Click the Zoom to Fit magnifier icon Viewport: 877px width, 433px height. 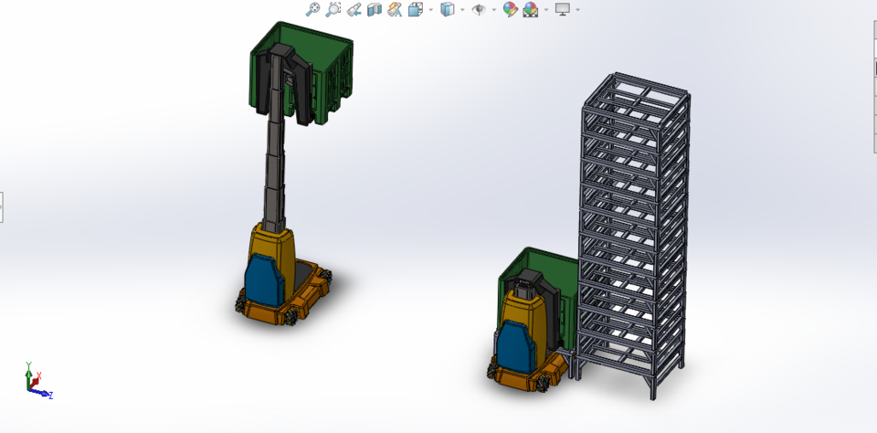(x=312, y=9)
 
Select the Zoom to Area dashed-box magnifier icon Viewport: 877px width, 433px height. (x=333, y=9)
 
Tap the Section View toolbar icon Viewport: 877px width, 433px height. (x=374, y=9)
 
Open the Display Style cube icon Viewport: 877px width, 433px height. (x=447, y=9)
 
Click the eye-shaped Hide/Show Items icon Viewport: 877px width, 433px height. (x=478, y=9)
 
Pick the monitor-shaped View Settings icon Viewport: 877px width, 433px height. (x=562, y=9)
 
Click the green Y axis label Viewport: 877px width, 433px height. (x=29, y=364)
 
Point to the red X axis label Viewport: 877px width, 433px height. (x=39, y=375)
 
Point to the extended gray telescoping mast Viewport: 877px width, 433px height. (x=274, y=174)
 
